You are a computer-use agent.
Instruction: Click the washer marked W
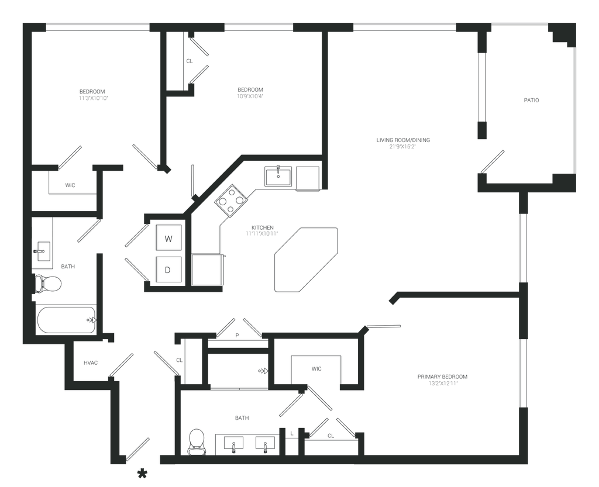point(168,239)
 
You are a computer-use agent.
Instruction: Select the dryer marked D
point(168,270)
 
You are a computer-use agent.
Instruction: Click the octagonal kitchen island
point(306,258)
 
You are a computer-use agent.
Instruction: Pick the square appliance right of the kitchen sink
point(307,178)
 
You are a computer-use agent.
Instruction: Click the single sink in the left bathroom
point(41,251)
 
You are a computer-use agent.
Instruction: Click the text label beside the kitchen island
point(260,232)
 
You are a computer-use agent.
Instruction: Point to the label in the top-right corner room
point(531,101)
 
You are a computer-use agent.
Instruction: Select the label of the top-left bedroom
point(94,94)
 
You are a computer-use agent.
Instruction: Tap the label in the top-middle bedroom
point(250,92)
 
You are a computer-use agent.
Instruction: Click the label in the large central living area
point(403,143)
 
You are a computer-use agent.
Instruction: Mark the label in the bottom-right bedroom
point(442,379)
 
